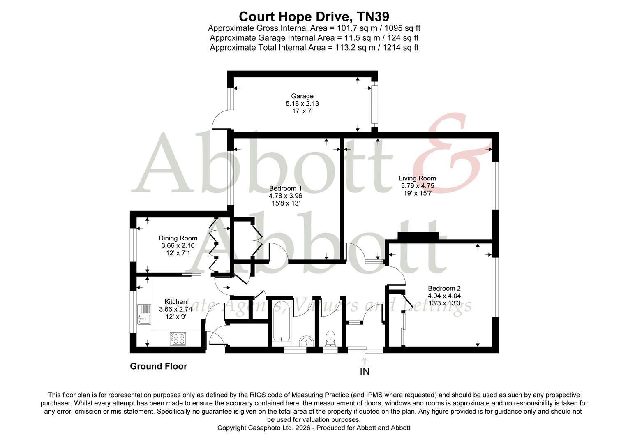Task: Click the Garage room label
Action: (302, 96)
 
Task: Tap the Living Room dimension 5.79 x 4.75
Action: (417, 186)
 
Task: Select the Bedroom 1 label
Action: (285, 188)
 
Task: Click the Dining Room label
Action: (178, 238)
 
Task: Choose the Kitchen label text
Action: (176, 302)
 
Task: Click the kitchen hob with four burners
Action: (178, 338)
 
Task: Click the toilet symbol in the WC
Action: (330, 338)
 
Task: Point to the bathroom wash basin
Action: (305, 341)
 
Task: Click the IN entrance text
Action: (365, 372)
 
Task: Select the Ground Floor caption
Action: (158, 366)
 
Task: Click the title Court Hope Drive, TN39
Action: (314, 16)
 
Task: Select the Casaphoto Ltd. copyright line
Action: (314, 428)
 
